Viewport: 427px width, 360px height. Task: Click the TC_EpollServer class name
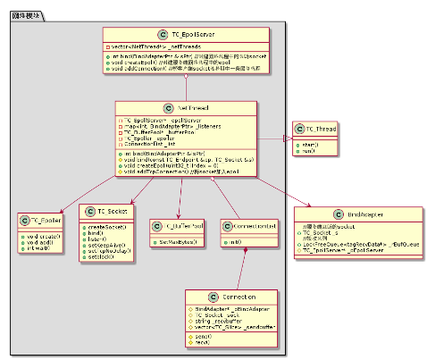(190, 33)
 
